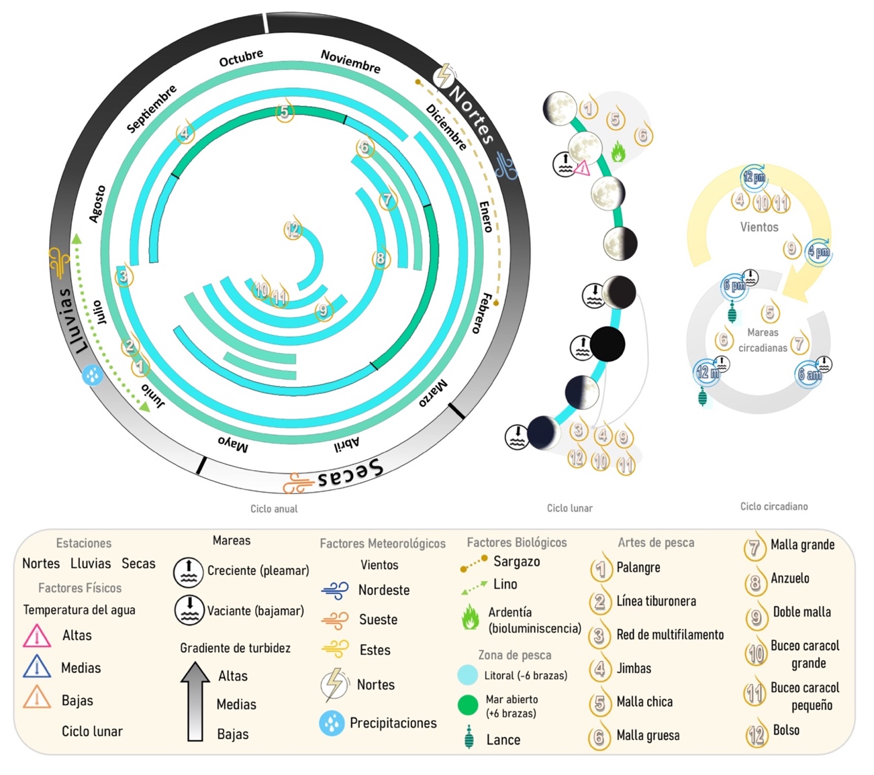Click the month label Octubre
point(241,58)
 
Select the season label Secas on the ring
point(350,473)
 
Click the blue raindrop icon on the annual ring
point(93,375)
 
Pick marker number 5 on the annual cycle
point(285,112)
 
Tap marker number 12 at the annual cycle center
point(292,230)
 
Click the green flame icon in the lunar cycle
point(618,152)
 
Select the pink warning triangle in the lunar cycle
point(582,168)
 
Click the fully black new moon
point(607,344)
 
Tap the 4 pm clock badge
point(819,252)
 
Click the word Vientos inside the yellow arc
point(759,227)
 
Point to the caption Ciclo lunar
point(569,508)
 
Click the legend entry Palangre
point(638,568)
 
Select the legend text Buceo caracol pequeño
point(804,696)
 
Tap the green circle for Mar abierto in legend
point(467,705)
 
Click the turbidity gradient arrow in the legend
point(195,701)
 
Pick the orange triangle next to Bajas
point(37,699)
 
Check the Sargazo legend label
point(516,562)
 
